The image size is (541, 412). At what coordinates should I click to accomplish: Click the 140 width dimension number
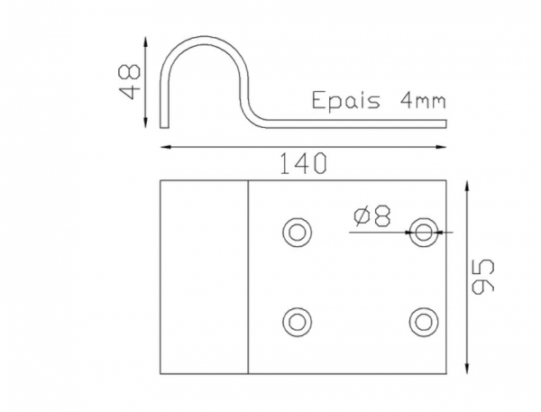click(303, 162)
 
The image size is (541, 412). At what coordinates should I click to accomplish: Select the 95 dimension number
click(484, 277)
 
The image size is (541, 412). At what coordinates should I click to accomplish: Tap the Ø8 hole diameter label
click(373, 216)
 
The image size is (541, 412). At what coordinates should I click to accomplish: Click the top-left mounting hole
click(296, 232)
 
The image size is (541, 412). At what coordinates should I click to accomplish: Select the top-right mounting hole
click(423, 232)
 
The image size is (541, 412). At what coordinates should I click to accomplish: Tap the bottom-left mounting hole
click(296, 320)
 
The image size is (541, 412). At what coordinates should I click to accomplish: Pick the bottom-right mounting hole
click(423, 320)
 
